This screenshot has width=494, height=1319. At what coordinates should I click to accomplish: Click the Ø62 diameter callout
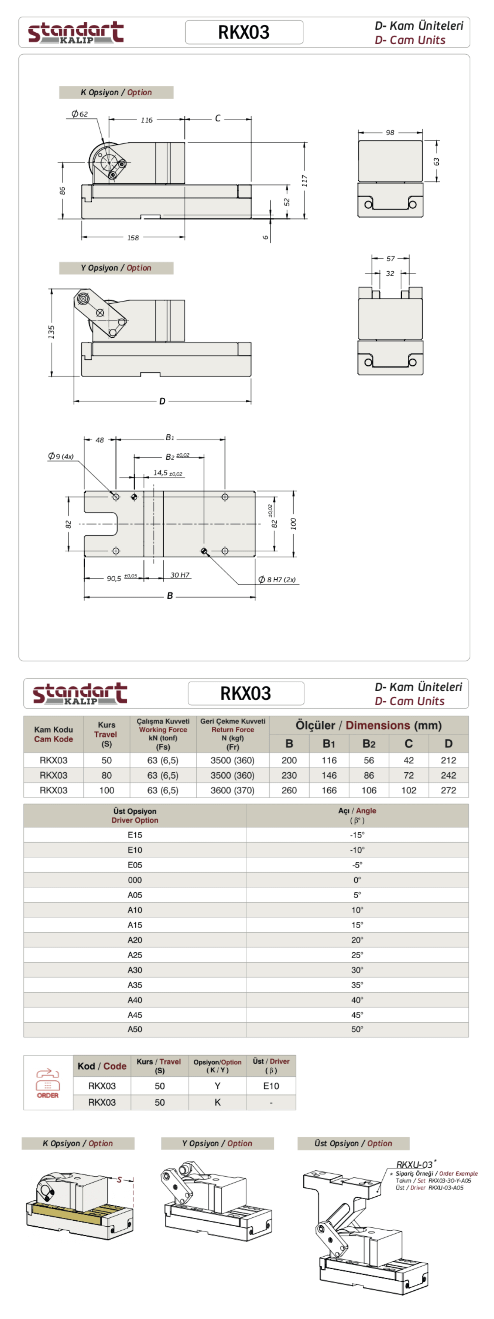[x=80, y=114]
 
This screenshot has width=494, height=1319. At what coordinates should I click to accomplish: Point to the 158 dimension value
[x=133, y=237]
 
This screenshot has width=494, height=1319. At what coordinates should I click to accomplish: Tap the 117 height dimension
[x=305, y=180]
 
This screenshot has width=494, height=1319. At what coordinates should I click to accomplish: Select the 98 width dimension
[x=390, y=133]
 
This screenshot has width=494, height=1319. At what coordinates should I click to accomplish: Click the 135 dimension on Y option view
[x=51, y=331]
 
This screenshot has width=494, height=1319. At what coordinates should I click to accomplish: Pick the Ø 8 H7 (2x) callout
[x=277, y=580]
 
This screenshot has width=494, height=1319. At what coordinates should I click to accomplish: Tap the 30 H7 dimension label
[x=180, y=575]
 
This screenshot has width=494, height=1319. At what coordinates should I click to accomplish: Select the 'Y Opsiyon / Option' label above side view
[x=116, y=268]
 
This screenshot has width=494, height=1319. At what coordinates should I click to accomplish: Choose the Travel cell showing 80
[x=106, y=775]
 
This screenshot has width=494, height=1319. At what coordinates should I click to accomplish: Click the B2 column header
[x=369, y=744]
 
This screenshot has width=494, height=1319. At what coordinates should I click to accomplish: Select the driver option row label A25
[x=135, y=955]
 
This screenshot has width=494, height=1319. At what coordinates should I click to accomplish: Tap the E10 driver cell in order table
[x=271, y=1086]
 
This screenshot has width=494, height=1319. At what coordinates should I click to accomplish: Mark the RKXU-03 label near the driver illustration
[x=414, y=1164]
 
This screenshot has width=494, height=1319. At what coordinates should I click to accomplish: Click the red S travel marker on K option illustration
[x=119, y=1180]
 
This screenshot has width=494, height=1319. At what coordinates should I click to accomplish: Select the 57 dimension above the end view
[x=390, y=259]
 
